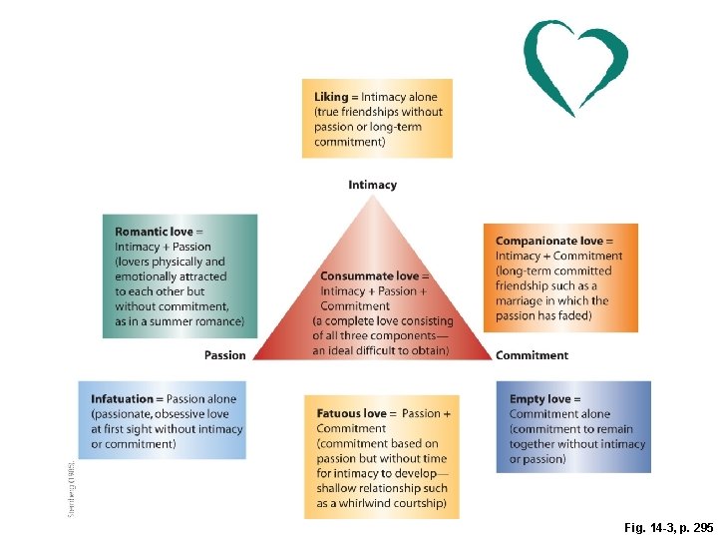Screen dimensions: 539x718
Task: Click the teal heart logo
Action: pos(575,65)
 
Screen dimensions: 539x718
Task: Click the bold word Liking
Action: pos(331,97)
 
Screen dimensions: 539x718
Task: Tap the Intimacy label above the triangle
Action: pos(372,185)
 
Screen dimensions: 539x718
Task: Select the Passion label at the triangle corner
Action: pos(224,355)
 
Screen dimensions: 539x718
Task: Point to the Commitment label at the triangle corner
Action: pos(532,355)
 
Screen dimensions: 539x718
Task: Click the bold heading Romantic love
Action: pos(154,232)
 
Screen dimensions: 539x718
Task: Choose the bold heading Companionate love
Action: pos(549,241)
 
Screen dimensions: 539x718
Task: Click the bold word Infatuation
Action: pos(124,399)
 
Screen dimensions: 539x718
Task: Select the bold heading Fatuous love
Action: pos(351,413)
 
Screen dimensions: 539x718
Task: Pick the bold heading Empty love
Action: pos(539,399)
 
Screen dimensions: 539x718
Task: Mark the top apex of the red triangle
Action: pos(372,196)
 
